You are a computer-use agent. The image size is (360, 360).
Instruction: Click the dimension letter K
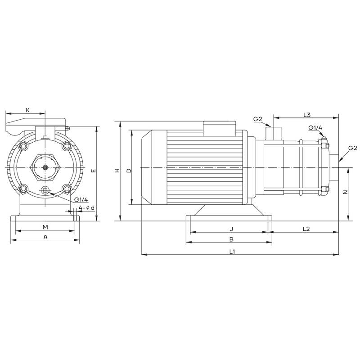pos(27,110)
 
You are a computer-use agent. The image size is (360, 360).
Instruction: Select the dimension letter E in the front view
pos(93,171)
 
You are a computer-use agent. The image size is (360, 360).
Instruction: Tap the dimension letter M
pos(45,226)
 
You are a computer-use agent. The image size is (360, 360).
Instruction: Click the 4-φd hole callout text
pos(86,207)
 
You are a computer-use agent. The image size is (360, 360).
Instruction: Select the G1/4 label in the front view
pos(81,199)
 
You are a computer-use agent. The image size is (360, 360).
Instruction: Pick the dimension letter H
pos(117,171)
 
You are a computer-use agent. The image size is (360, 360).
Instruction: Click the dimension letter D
pos(128,171)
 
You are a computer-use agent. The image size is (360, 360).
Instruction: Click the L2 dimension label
pos(306,229)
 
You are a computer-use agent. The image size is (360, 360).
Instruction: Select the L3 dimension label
pos(307,115)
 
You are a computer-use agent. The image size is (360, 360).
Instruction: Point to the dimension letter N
pos(345,192)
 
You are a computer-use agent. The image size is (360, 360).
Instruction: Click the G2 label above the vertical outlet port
pos(258,119)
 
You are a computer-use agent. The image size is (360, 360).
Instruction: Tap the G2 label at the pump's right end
pos(353,148)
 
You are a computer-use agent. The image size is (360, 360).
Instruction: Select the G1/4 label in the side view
pos(315,128)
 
